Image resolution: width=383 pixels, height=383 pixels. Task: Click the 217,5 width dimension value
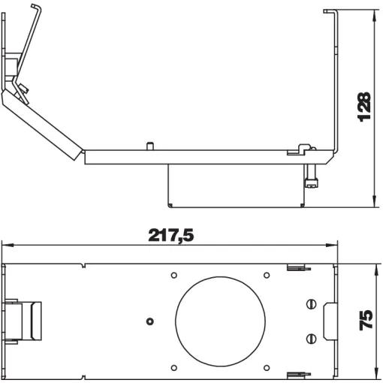tap(171, 235)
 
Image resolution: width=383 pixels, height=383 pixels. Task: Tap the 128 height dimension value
tap(364, 107)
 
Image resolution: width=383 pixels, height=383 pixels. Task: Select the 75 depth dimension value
tap(366, 320)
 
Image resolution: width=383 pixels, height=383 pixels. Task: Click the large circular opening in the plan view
tap(220, 321)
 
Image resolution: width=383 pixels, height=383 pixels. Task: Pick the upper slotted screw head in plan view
tap(311, 304)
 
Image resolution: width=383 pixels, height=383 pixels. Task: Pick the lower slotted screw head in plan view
tap(311, 339)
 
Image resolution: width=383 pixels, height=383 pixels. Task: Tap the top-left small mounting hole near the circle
tap(174, 276)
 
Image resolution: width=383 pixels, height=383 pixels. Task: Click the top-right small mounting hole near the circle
tap(267, 276)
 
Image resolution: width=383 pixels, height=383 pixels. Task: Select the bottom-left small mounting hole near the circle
tap(174, 368)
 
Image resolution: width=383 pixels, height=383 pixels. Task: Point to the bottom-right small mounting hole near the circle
tap(267, 368)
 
